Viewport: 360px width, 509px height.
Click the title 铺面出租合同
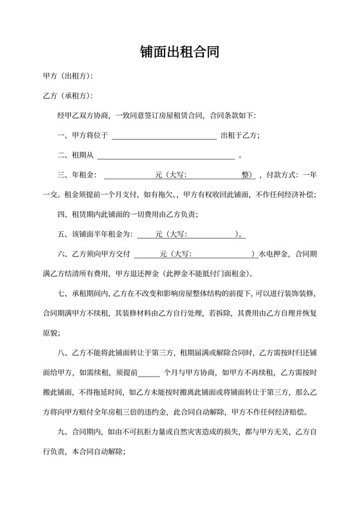(180, 52)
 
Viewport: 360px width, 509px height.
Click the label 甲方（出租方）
(67, 76)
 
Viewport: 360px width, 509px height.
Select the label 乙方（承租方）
(67, 96)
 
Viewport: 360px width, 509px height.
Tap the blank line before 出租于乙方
(165, 136)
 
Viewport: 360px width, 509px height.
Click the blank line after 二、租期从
(165, 156)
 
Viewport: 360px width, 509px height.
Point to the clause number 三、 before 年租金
(63, 175)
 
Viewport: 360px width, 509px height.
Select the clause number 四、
(63, 214)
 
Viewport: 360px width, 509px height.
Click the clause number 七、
(63, 294)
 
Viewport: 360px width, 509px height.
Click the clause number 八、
(63, 353)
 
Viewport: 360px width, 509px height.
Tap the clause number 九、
(63, 433)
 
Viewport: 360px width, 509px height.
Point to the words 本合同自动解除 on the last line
(96, 452)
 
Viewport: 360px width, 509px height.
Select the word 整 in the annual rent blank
(246, 175)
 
